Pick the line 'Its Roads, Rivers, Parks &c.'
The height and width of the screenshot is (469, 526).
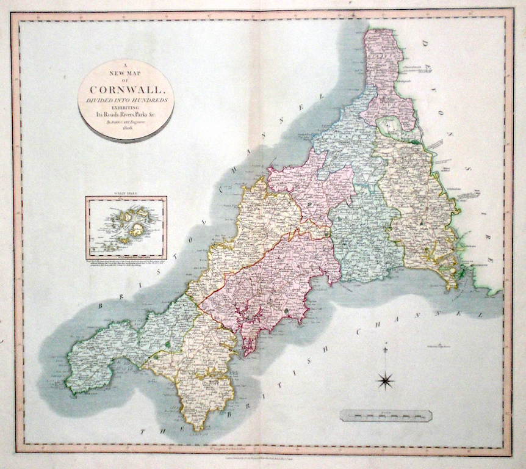[x=125, y=114]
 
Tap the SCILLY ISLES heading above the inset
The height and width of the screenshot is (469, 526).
[x=126, y=193]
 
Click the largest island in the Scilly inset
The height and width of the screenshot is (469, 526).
[x=138, y=229]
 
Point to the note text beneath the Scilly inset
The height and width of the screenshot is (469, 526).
[x=126, y=263]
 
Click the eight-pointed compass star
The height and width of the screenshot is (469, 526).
[x=386, y=381]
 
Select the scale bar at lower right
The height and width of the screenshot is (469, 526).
[x=386, y=415]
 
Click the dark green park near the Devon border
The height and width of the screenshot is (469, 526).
[x=416, y=142]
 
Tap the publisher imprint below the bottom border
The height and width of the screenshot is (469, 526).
[x=262, y=459]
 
